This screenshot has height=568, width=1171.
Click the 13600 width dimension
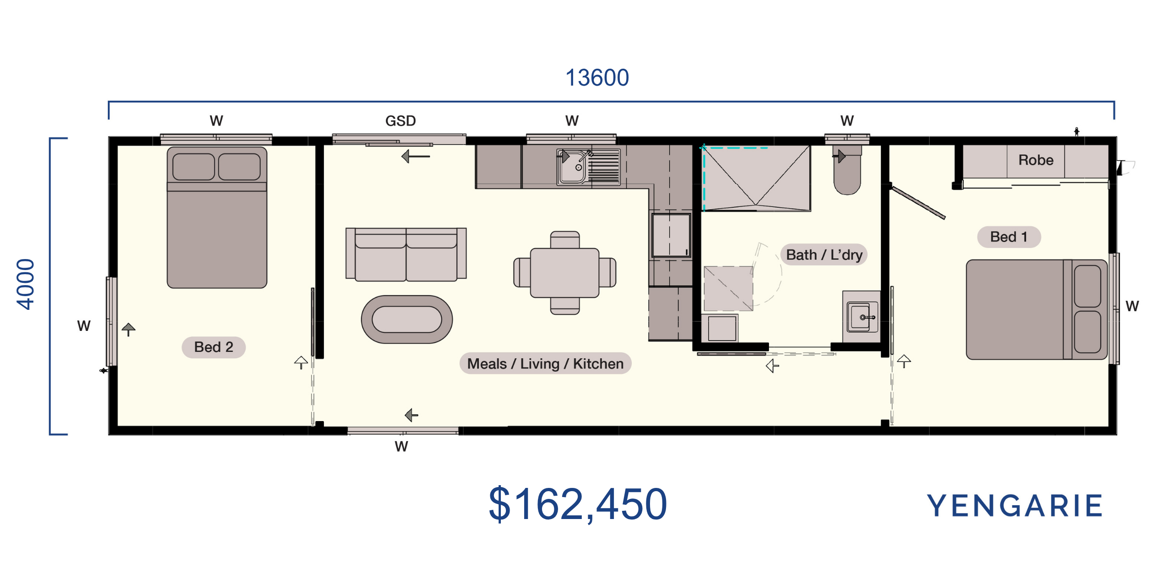pos(597,77)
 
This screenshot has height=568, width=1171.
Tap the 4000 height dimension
pos(26,284)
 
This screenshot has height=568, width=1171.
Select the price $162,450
pos(578,504)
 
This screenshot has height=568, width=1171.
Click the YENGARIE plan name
pos(1015,506)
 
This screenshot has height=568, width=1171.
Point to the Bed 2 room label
pos(214,347)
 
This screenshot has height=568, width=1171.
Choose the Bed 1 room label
pos(1009,237)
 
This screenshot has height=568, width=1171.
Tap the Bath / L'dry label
pos(824,254)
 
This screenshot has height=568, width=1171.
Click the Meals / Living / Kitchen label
pos(545,363)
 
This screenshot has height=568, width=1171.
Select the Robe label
pos(1036,160)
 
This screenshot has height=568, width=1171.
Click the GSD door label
pos(400,121)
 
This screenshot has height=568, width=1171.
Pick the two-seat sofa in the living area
pos(406,254)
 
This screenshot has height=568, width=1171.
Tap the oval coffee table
pos(407,319)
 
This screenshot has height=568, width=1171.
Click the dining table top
pos(564,273)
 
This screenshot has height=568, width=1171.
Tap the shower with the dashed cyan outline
pos(756,179)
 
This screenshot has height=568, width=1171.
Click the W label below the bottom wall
pos(401,446)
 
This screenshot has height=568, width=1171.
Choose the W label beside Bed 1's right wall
pos(1132,306)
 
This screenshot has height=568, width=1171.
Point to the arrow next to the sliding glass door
pos(415,157)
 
